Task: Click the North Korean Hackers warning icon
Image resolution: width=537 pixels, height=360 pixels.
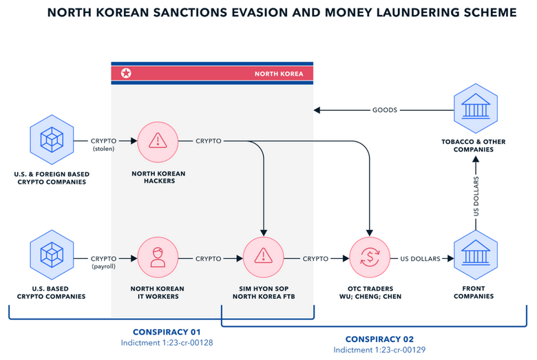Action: click(x=158, y=141)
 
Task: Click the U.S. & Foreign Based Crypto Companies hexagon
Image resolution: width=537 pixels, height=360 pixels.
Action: click(x=52, y=141)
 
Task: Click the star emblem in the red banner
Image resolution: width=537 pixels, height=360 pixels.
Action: click(x=126, y=73)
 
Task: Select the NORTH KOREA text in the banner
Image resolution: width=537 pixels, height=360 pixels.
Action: click(x=278, y=74)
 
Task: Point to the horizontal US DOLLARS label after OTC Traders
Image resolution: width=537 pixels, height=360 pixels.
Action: click(x=421, y=259)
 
